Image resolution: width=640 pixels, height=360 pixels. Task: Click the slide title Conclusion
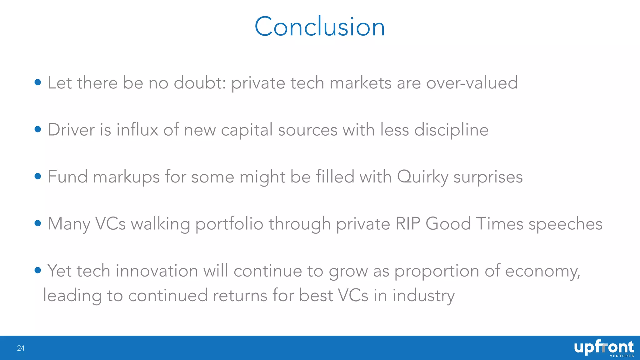click(x=320, y=27)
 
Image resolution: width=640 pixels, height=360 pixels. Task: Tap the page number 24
click(x=21, y=348)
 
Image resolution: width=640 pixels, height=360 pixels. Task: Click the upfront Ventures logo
click(x=604, y=348)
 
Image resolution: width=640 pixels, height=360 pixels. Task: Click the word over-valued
click(x=472, y=83)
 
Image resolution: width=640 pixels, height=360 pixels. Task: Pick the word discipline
click(x=451, y=130)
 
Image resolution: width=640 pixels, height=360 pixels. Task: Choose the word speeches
click(x=565, y=224)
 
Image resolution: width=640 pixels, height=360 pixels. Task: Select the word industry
click(x=423, y=296)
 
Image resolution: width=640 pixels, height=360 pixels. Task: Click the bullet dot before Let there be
click(x=38, y=82)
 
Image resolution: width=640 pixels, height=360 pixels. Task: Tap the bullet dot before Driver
click(x=38, y=129)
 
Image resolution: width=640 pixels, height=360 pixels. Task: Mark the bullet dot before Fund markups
click(x=38, y=176)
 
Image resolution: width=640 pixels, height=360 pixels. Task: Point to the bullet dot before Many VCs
click(x=38, y=223)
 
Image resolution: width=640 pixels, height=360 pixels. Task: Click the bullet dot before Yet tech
click(x=38, y=270)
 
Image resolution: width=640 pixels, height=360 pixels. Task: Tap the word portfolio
click(x=229, y=224)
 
